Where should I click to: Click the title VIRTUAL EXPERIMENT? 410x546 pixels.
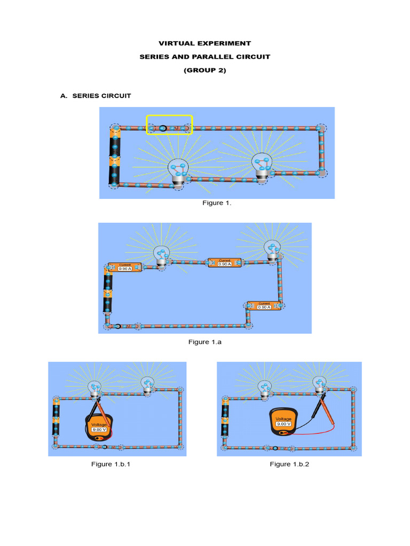(204, 43)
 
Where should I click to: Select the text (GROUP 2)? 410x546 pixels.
(204, 70)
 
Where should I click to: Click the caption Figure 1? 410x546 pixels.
(213, 203)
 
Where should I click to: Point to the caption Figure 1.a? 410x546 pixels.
(204, 342)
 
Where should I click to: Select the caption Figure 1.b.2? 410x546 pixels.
(289, 464)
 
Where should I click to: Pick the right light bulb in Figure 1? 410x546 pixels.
(262, 167)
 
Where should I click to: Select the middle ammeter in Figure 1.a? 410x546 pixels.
(224, 263)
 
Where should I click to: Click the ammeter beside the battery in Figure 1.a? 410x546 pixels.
(124, 268)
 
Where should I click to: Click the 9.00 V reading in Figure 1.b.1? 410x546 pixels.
(99, 429)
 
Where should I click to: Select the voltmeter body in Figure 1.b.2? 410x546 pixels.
(283, 422)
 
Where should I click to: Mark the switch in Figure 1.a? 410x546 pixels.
(123, 325)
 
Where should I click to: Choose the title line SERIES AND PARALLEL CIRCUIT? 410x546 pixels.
(204, 57)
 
